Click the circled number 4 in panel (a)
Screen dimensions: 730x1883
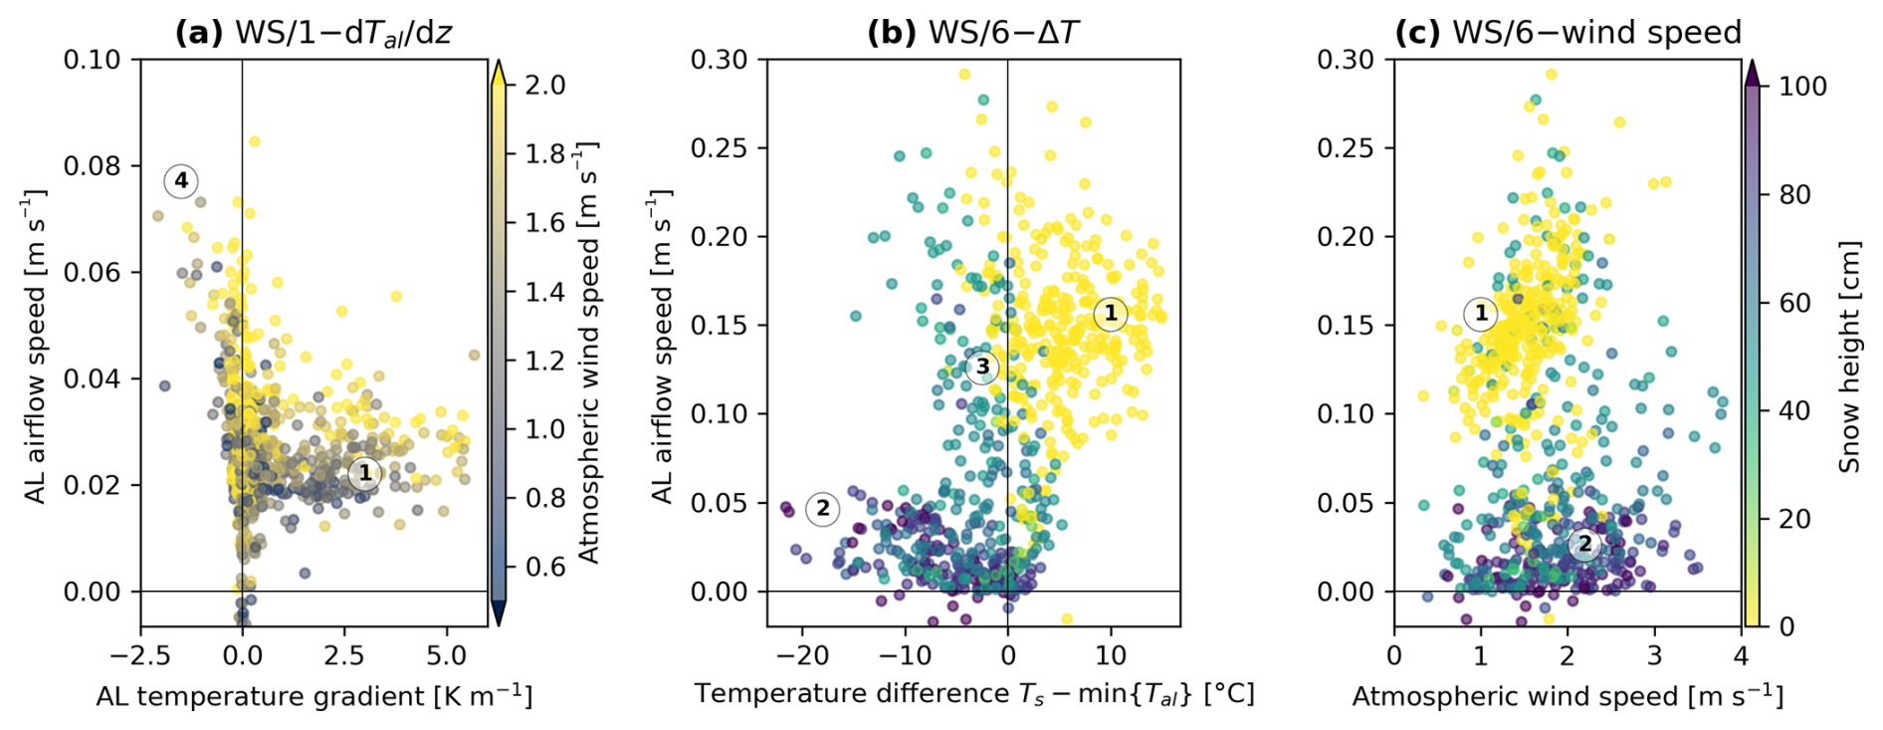pos(181,180)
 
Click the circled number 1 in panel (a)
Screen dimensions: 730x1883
pos(365,473)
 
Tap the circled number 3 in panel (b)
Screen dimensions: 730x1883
pos(982,366)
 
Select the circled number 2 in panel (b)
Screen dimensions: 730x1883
pos(822,509)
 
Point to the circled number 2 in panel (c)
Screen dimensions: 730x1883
pos(1584,544)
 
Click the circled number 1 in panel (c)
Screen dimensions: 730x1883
pos(1481,314)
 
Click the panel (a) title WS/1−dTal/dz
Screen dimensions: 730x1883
pos(314,33)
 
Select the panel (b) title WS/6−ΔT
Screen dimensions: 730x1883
pos(972,33)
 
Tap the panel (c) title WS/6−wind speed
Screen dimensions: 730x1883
pos(1568,33)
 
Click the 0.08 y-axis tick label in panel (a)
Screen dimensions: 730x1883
pos(92,165)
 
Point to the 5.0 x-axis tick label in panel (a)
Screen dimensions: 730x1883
pos(447,655)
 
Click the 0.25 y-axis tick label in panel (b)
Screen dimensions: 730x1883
pos(719,148)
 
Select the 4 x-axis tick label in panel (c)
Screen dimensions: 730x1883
pos(1741,655)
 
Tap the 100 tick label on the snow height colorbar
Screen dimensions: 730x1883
pos(1802,87)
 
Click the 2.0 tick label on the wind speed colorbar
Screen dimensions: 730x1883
pos(544,86)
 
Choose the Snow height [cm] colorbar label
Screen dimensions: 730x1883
pos(1849,356)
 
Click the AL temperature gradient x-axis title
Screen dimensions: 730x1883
pos(314,696)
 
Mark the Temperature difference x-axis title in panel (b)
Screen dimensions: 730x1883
pos(974,694)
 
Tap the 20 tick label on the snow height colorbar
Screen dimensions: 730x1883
pos(1794,519)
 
